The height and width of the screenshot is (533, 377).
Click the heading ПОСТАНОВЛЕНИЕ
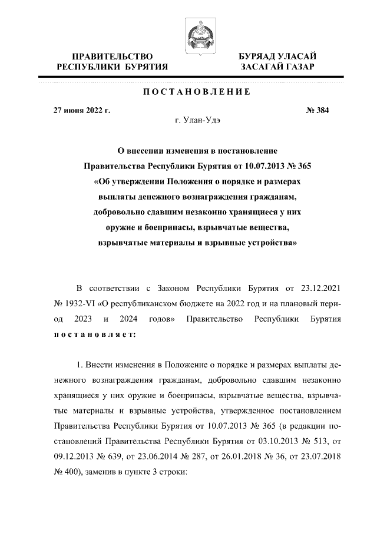click(x=188, y=92)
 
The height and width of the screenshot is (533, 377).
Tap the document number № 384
click(x=318, y=110)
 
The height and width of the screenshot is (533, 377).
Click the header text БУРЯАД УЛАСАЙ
click(x=277, y=56)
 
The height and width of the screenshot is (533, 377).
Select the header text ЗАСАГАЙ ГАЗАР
click(x=277, y=67)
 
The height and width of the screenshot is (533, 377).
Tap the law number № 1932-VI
click(x=73, y=304)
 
